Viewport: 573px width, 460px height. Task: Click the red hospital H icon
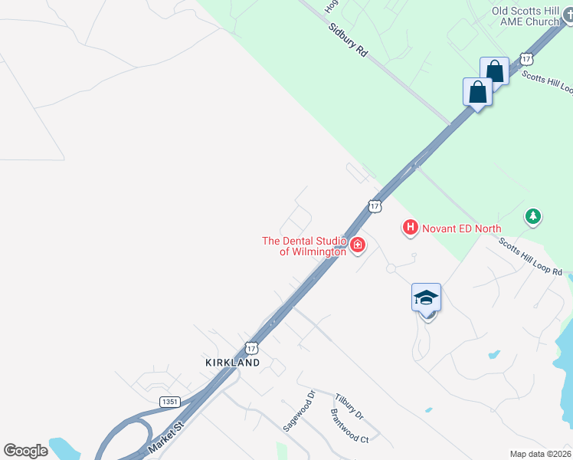click(x=411, y=228)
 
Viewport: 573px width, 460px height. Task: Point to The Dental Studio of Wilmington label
click(x=304, y=246)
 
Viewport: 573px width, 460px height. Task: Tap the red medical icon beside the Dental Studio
click(x=358, y=246)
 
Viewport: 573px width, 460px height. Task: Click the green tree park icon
click(x=533, y=217)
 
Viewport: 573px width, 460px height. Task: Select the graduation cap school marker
click(x=426, y=297)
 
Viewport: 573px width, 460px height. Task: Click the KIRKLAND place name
click(x=232, y=362)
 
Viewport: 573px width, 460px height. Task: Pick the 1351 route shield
click(x=170, y=402)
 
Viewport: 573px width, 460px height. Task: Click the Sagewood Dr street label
click(x=300, y=412)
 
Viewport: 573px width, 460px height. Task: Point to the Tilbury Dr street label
click(x=349, y=406)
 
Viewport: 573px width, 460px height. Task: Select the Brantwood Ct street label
click(x=349, y=429)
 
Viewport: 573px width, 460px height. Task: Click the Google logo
click(x=26, y=451)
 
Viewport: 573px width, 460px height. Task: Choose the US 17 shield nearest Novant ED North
click(x=374, y=205)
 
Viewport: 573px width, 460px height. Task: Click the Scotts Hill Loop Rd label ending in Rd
click(x=531, y=258)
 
